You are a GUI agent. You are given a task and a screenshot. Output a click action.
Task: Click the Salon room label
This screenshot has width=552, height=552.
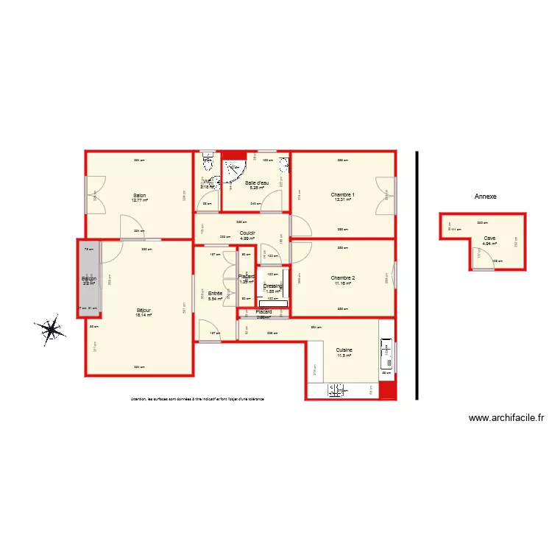[139, 195]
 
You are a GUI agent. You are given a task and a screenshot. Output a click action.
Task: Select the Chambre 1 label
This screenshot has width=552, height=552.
[343, 195]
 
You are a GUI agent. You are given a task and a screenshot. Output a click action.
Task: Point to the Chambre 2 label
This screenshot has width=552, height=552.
[343, 277]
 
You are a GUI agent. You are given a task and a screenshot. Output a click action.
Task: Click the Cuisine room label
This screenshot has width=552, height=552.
[344, 350]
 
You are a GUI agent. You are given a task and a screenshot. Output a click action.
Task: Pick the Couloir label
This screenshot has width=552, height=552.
[247, 233]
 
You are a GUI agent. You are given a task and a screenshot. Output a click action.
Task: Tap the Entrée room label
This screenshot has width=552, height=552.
[215, 293]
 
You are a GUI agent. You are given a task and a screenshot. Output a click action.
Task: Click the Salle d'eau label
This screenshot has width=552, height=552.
[257, 183]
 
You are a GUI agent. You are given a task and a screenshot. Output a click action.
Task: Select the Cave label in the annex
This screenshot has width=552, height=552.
[489, 238]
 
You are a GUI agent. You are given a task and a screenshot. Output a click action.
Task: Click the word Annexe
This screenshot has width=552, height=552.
[486, 197]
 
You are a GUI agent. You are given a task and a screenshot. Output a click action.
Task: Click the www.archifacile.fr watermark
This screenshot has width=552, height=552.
[506, 418]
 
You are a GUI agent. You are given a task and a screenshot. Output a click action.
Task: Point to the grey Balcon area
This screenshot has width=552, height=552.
[89, 279]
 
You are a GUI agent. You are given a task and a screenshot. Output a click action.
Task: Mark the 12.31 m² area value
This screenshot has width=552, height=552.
[343, 200]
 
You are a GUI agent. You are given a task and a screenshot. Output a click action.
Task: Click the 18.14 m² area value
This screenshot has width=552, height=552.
[144, 315]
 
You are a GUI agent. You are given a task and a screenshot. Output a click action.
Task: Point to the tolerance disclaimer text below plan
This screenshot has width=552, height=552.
[197, 399]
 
